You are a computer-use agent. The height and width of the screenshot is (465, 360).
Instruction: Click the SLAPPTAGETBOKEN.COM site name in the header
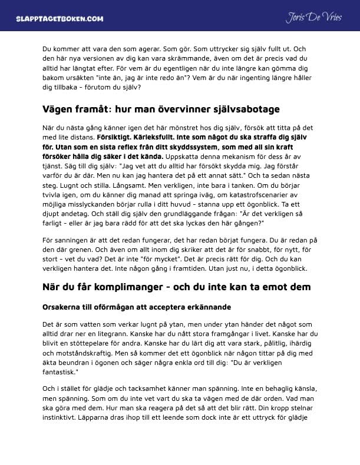[x=60, y=18]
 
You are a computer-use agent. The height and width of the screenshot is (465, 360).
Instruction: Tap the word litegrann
[x=117, y=333]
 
